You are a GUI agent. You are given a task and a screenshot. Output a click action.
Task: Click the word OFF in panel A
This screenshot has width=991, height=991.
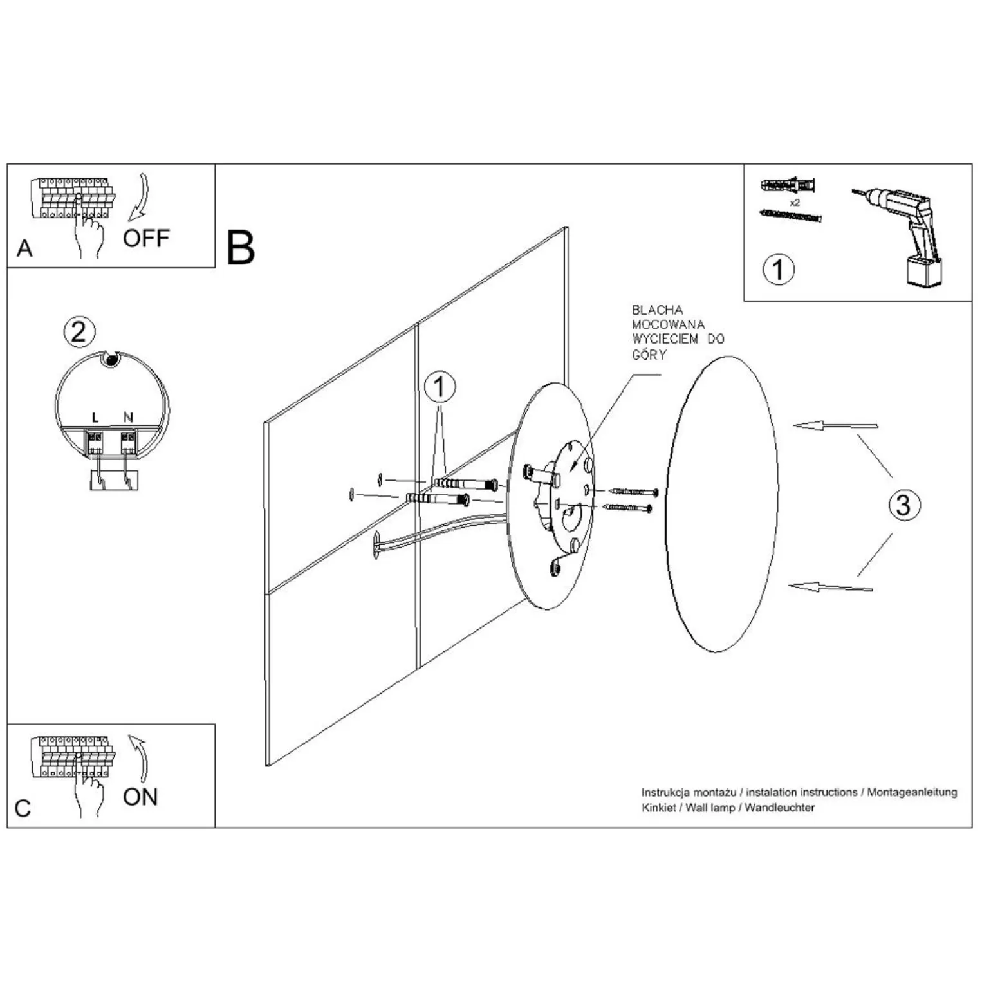(146, 239)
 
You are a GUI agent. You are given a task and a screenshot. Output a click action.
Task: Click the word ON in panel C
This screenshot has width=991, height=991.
(140, 797)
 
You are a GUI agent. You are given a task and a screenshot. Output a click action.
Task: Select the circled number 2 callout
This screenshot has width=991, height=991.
(79, 332)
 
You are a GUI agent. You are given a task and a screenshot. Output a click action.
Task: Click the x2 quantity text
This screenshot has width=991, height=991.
(795, 202)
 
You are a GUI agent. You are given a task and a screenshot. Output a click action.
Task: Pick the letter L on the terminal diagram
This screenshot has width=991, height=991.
(95, 418)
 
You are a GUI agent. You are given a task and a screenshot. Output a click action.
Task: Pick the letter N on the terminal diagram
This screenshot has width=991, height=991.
(128, 418)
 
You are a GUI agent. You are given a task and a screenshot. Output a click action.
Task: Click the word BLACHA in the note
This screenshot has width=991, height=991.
(657, 310)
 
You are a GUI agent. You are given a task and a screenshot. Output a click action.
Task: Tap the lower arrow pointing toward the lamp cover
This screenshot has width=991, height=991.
(831, 586)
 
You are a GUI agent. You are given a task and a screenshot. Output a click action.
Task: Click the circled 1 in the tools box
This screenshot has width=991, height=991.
(779, 269)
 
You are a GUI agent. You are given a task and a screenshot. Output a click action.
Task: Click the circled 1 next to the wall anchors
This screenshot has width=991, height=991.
(440, 388)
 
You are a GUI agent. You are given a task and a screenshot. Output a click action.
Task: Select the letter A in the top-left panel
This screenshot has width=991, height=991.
(24, 248)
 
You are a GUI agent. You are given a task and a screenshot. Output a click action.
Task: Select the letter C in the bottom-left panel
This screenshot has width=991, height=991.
(23, 808)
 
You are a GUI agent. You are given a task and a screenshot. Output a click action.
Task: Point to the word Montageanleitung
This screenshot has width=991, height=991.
(912, 792)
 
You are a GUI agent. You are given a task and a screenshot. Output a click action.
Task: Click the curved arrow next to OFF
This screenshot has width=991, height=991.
(140, 196)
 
